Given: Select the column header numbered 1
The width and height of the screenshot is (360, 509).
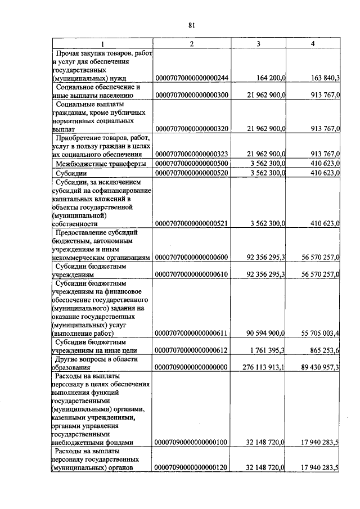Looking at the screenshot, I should [102, 44].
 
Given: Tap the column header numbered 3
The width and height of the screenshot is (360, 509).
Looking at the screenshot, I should [258, 44].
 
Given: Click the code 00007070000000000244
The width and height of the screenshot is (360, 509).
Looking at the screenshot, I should [191, 79].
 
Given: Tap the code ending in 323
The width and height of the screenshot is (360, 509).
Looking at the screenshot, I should [191, 154].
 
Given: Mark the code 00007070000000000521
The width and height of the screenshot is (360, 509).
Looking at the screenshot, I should [191, 223].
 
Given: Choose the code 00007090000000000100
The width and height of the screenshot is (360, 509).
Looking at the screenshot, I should [191, 442].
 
